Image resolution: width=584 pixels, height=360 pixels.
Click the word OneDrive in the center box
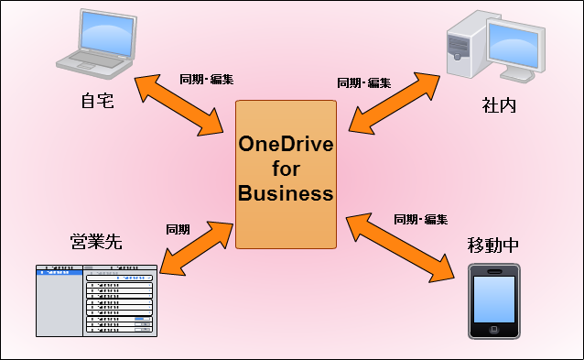point(286,147)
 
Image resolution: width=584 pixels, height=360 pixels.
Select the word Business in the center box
point(286,194)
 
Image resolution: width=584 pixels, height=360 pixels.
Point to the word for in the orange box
point(286,171)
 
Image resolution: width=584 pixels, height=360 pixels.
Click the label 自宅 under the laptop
point(96,100)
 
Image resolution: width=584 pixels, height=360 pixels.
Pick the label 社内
point(499,104)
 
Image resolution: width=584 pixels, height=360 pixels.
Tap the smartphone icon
point(493,301)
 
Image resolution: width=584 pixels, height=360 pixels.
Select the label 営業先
point(96,242)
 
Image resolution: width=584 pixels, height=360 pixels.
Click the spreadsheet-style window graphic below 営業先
point(95,300)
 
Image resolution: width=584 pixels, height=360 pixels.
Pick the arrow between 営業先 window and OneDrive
point(194,246)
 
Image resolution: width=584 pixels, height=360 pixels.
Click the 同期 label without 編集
point(178,229)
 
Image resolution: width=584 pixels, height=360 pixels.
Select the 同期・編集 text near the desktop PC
point(363,82)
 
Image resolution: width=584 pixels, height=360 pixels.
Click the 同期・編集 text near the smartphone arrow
point(420,220)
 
